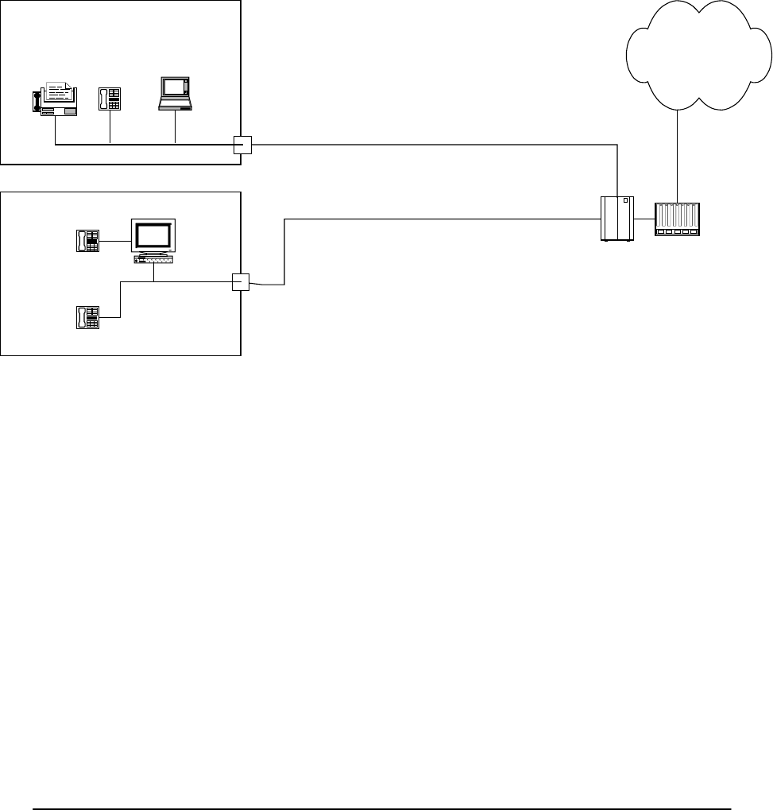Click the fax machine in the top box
(55, 99)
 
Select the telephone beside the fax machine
(109, 99)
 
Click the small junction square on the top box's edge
(242, 144)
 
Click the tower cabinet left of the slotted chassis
(617, 219)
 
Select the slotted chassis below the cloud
(678, 219)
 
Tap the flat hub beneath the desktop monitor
(154, 259)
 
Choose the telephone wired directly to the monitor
(87, 240)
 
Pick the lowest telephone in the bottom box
(87, 317)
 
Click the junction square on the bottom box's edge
(241, 282)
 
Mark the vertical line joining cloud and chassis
(677, 155)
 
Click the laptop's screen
(173, 87)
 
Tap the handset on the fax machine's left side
(36, 101)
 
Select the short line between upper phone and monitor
(114, 240)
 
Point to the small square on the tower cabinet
(625, 201)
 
